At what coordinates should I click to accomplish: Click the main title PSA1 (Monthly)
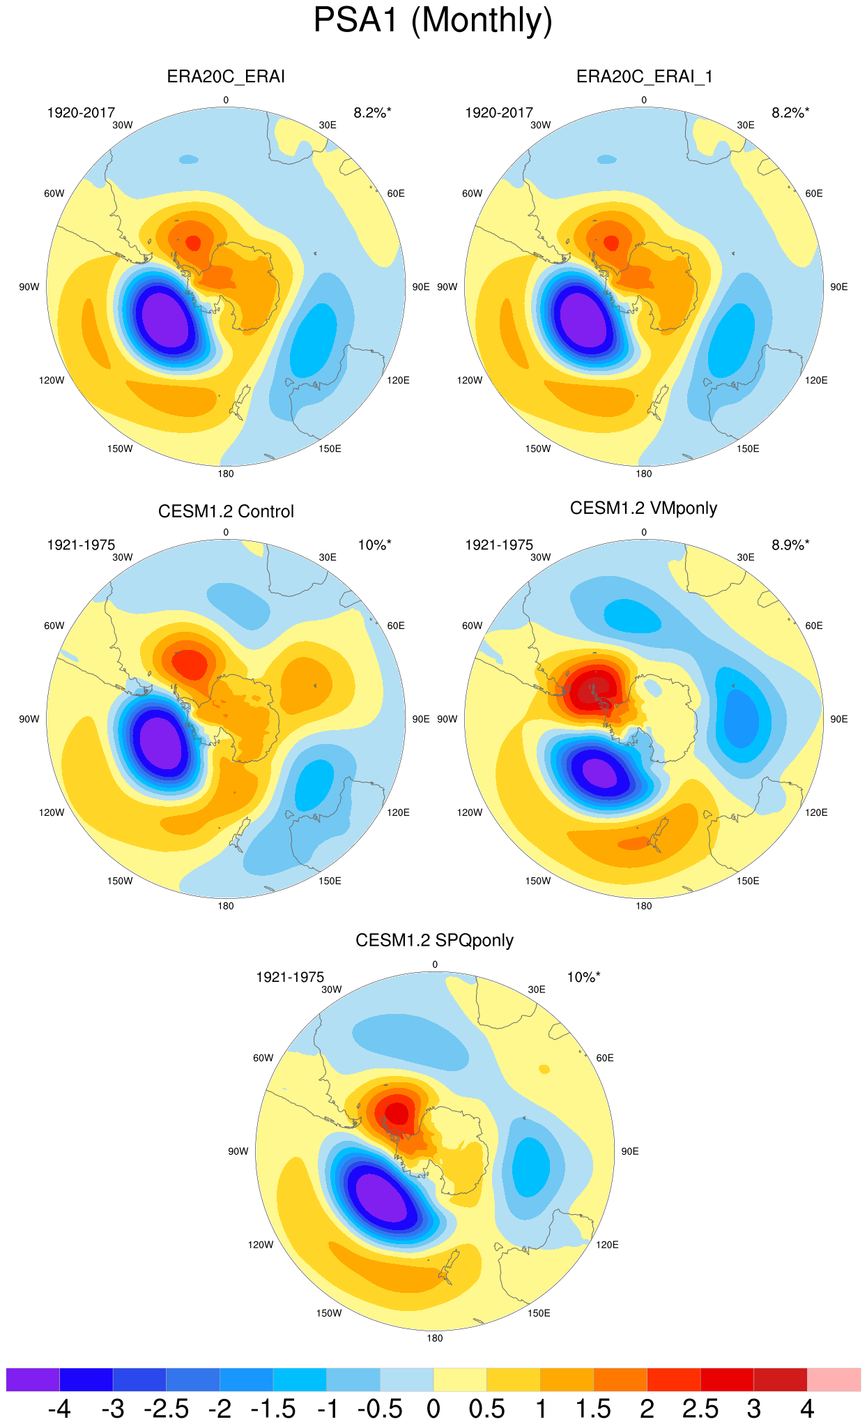pyautogui.click(x=433, y=20)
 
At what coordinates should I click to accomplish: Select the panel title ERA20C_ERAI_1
pyautogui.click(x=645, y=77)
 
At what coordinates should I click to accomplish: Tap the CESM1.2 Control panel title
pyautogui.click(x=226, y=511)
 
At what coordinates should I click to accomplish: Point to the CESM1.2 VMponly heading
pyautogui.click(x=643, y=508)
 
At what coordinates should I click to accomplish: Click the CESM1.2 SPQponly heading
pyautogui.click(x=434, y=941)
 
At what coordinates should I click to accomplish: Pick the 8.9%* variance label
pyautogui.click(x=790, y=545)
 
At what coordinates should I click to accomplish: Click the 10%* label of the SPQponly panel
pyautogui.click(x=583, y=977)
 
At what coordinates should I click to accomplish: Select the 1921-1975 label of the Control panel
pyautogui.click(x=81, y=545)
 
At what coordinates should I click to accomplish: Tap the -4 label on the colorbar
pyautogui.click(x=59, y=1409)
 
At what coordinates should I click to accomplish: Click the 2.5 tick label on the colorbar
pyautogui.click(x=700, y=1409)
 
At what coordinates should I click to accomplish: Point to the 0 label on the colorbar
pyautogui.click(x=433, y=1409)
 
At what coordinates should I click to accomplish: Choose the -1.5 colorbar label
pyautogui.click(x=273, y=1409)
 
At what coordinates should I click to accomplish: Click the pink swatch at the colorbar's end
pyautogui.click(x=834, y=1379)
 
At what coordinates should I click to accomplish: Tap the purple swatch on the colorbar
pyautogui.click(x=33, y=1379)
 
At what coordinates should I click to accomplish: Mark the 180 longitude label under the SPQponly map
pyautogui.click(x=435, y=1338)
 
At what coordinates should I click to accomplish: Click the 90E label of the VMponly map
pyautogui.click(x=839, y=719)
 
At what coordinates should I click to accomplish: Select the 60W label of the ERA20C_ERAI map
pyautogui.click(x=54, y=193)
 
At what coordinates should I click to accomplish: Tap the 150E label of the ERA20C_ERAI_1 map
pyautogui.click(x=748, y=448)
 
